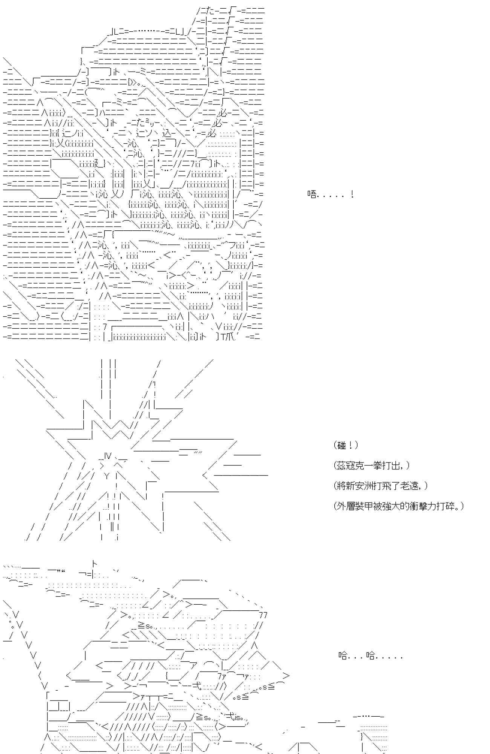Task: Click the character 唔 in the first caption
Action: coord(312,195)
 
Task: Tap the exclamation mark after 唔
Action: coord(352,195)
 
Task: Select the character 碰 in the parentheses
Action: coord(342,445)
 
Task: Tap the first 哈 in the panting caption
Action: coord(343,656)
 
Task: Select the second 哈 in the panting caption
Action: coord(371,656)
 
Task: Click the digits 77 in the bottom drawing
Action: coord(263,615)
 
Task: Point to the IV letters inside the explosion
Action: coord(108,456)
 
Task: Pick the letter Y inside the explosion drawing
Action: coord(107,476)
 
